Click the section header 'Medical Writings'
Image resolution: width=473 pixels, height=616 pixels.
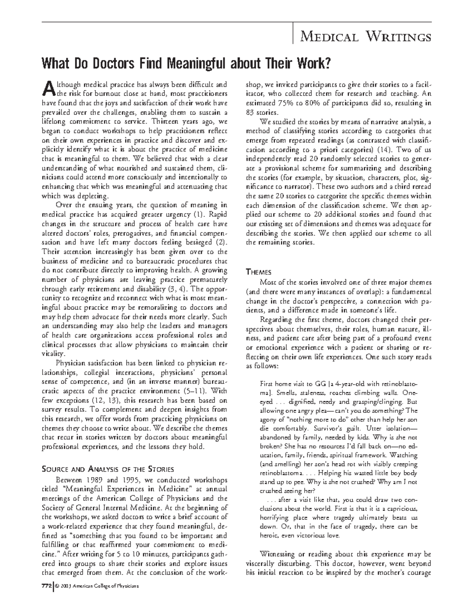tap(365, 37)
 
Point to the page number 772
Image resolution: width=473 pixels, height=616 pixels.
tap(47, 587)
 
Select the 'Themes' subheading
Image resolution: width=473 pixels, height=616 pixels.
tap(258, 272)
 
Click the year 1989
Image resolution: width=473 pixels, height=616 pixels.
tap(91, 480)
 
